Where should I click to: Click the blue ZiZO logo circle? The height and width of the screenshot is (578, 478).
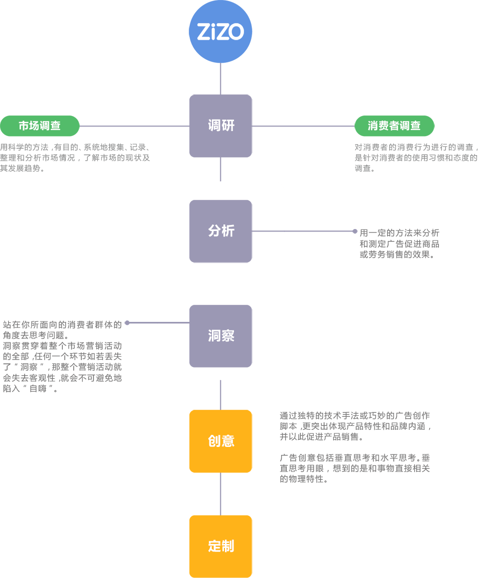220,32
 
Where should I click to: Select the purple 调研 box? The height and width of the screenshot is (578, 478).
220,126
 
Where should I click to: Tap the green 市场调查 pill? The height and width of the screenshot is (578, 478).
40,126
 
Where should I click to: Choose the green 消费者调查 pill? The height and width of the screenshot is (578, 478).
394,126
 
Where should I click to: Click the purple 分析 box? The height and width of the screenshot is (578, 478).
220,231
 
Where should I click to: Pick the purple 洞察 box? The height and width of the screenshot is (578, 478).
220,336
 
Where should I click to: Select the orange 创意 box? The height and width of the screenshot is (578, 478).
220,441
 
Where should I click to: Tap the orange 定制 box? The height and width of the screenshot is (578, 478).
220,546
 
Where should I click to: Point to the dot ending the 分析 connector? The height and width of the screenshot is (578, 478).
355,232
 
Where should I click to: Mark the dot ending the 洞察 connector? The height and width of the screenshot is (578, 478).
127,323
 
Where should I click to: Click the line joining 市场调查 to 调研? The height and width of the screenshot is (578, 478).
135,126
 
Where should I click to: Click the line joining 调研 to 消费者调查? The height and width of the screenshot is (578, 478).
303,126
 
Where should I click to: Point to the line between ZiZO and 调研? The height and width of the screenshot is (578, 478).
220,79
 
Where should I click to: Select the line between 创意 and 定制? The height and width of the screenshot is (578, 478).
220,494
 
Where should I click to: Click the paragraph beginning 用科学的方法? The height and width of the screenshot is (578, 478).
75,158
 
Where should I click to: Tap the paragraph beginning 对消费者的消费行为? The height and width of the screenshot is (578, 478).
416,158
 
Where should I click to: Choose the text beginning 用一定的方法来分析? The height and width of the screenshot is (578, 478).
399,244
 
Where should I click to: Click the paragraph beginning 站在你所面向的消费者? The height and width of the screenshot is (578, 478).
63,357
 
